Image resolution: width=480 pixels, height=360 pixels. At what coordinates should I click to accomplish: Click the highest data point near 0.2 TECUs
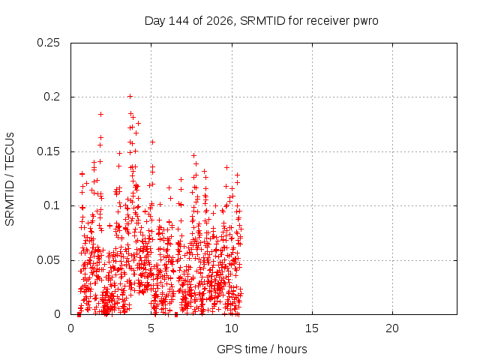[x=130, y=97]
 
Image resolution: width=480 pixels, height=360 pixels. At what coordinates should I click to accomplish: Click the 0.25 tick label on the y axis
[x=48, y=43]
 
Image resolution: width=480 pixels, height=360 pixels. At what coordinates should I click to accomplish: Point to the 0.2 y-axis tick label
[x=52, y=97]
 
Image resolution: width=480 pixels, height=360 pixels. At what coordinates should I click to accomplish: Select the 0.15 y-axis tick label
[x=48, y=151]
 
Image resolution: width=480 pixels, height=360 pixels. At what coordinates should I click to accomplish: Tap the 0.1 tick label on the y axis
[x=52, y=205]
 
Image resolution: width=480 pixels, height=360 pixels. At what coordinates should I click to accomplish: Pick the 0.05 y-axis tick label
[x=48, y=260]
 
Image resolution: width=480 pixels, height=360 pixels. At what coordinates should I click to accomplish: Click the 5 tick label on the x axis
[x=151, y=328]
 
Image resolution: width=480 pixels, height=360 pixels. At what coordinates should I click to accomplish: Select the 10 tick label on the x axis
[x=232, y=328]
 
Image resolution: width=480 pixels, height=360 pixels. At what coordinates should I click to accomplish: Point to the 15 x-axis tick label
[x=312, y=328]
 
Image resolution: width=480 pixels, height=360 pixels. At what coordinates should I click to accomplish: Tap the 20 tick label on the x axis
[x=392, y=328]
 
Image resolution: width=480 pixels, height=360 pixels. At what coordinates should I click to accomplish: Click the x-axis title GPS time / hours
[x=262, y=349]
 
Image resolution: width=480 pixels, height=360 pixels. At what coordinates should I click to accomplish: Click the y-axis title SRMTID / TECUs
[x=10, y=179]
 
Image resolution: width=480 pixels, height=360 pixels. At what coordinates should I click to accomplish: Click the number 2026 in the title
[x=220, y=21]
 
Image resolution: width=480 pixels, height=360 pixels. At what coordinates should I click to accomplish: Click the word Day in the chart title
[x=155, y=21]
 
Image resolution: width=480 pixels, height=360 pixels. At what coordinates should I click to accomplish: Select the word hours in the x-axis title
[x=292, y=349]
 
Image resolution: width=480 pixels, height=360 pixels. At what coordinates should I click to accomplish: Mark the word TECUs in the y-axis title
[x=10, y=151]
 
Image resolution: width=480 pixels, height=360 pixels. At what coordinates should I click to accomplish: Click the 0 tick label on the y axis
[x=57, y=314]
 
